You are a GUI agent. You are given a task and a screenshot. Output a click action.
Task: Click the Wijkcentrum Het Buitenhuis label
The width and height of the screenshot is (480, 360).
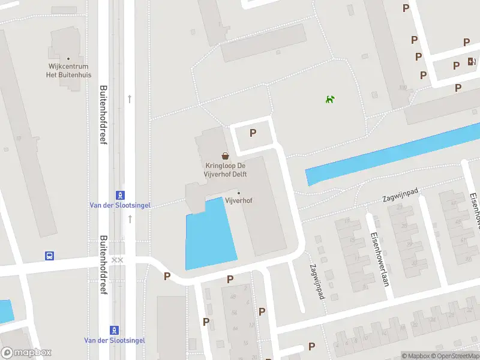[68, 71]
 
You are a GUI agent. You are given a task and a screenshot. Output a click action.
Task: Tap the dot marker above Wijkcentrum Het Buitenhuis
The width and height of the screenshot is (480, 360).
[68, 59]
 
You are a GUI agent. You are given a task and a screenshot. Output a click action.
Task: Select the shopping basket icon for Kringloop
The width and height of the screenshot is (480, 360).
[225, 155]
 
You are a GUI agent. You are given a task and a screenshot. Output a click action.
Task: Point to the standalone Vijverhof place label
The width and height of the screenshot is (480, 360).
[238, 200]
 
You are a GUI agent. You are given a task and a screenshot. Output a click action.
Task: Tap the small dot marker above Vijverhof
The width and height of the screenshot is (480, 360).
[239, 193]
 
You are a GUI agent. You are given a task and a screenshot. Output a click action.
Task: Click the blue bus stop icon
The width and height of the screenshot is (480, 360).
[50, 256]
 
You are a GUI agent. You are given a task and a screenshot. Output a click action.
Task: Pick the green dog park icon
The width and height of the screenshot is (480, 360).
[329, 99]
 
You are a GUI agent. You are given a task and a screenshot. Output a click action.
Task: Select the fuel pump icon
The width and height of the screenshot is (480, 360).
[472, 61]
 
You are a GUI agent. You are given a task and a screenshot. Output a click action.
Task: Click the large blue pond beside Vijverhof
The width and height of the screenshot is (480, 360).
[209, 237]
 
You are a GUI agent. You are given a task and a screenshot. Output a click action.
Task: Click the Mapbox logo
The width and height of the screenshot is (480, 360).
[26, 353]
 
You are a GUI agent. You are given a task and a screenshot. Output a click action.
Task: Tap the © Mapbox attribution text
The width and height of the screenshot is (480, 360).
[416, 356]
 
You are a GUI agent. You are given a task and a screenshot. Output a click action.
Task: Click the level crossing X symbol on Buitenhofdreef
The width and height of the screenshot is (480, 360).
[118, 260]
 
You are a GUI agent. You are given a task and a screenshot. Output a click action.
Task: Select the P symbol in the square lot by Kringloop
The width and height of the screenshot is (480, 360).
[253, 133]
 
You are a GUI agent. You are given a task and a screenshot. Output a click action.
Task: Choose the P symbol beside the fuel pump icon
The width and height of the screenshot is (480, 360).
[457, 65]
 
